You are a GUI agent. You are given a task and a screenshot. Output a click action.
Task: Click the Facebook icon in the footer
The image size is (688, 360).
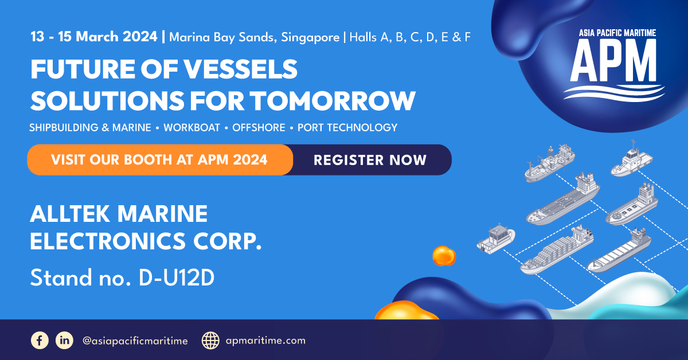pyautogui.click(x=40, y=341)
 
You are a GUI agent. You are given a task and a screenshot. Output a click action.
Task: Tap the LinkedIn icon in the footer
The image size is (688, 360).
pyautogui.click(x=64, y=341)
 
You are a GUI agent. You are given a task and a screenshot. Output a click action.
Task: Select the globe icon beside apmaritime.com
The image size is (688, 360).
pyautogui.click(x=210, y=341)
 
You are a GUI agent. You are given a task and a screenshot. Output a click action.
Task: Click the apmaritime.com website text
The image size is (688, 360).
pyautogui.click(x=265, y=341)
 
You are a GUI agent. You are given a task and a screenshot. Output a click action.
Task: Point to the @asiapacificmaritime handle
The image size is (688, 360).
pyautogui.click(x=135, y=341)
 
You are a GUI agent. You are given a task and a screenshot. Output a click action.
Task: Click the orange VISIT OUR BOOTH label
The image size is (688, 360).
pyautogui.click(x=159, y=160)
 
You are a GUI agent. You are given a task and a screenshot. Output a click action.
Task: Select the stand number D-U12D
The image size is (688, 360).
pyautogui.click(x=177, y=277)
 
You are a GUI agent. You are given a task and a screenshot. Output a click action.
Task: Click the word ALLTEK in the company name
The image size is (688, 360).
pyautogui.click(x=70, y=213)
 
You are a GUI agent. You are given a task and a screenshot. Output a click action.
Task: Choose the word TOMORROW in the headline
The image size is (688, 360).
pyautogui.click(x=333, y=101)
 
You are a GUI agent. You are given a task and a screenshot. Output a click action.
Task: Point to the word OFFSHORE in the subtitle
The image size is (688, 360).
pyautogui.click(x=259, y=127)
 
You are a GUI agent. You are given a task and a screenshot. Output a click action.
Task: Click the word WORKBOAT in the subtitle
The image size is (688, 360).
pyautogui.click(x=191, y=127)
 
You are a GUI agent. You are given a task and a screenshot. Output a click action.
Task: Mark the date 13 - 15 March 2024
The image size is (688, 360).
pyautogui.click(x=93, y=37)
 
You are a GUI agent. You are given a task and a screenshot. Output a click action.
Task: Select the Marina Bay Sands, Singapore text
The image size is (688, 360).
pyautogui.click(x=255, y=37)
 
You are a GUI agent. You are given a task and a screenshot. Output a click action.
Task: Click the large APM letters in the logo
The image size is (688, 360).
pyautogui.click(x=613, y=60)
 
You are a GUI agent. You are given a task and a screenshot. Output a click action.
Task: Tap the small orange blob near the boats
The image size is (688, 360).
pyautogui.click(x=444, y=256)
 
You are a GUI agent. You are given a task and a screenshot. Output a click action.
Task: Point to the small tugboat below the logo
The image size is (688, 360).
pyautogui.click(x=631, y=159)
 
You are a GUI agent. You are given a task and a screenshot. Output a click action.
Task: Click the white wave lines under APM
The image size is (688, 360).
pyautogui.click(x=614, y=93)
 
